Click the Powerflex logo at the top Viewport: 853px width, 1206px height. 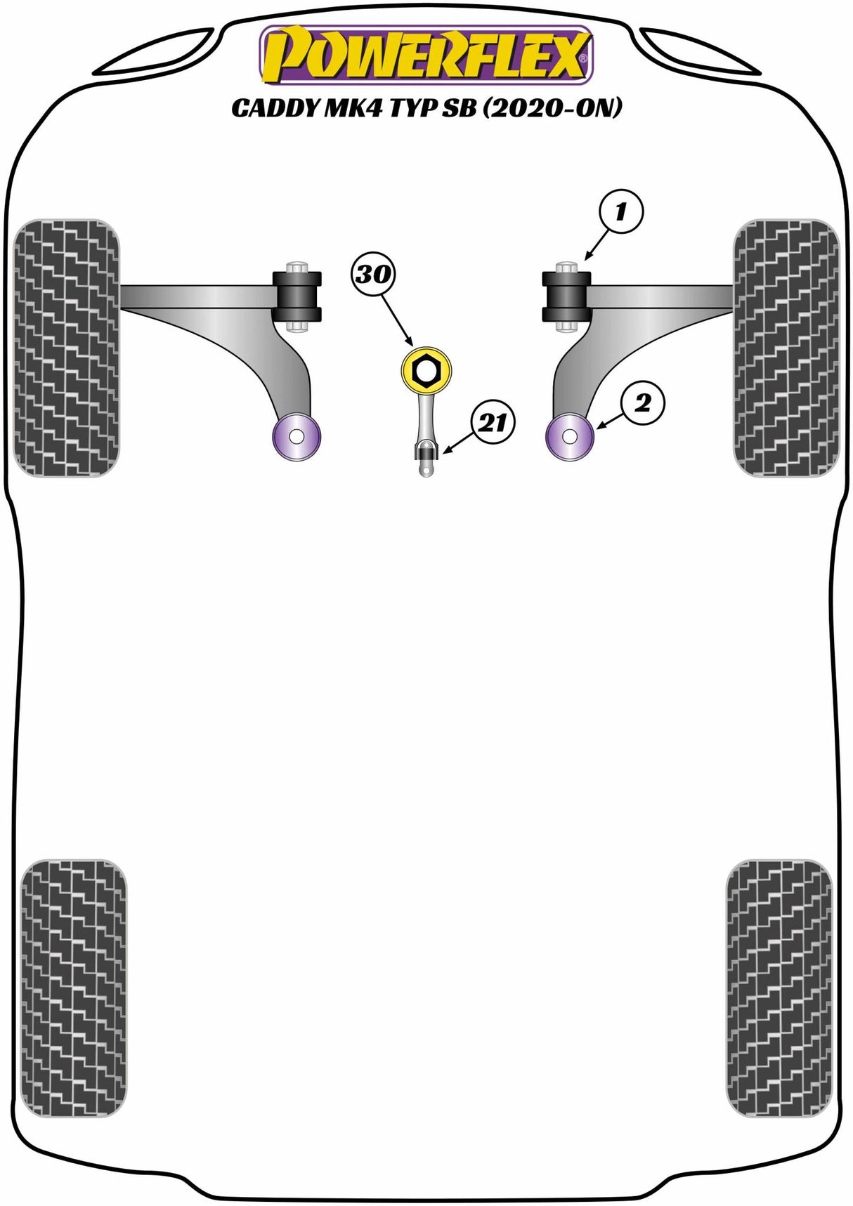pyautogui.click(x=426, y=54)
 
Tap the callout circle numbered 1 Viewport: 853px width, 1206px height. pyautogui.click(x=620, y=212)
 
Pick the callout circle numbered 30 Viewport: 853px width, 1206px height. pyautogui.click(x=374, y=274)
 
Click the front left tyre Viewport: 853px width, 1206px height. pyautogui.click(x=67, y=348)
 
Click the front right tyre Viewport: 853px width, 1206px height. pyautogui.click(x=786, y=348)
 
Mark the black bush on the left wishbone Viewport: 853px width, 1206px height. pyautogui.click(x=297, y=295)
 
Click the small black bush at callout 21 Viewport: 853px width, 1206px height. pyautogui.click(x=426, y=452)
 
